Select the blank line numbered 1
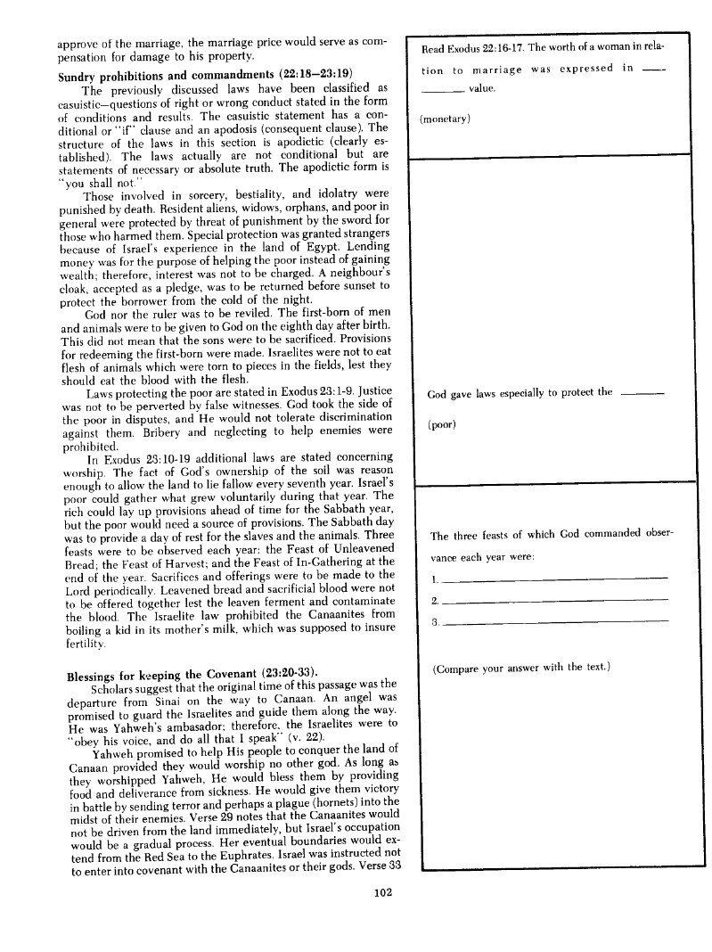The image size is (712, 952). click(x=554, y=579)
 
